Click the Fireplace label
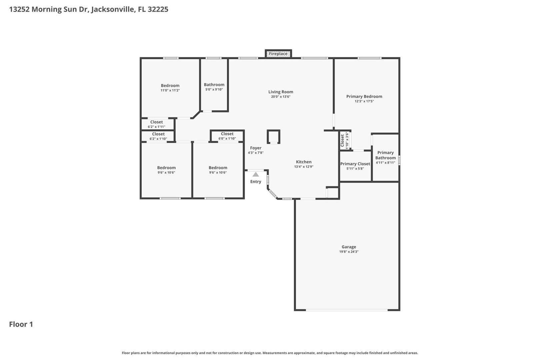pyautogui.click(x=278, y=54)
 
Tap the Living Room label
pyautogui.click(x=281, y=92)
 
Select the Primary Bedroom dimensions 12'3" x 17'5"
pyautogui.click(x=364, y=101)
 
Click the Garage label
pyautogui.click(x=349, y=247)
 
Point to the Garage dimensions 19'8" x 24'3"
pyautogui.click(x=349, y=252)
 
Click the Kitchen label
pyautogui.click(x=304, y=162)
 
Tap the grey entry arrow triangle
pyautogui.click(x=256, y=174)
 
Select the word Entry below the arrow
pyautogui.click(x=256, y=182)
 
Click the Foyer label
pyautogui.click(x=256, y=148)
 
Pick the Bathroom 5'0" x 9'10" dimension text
pyautogui.click(x=214, y=89)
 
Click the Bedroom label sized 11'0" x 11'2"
pyautogui.click(x=170, y=86)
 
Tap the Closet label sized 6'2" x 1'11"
pyautogui.click(x=156, y=122)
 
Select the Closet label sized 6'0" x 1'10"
pyautogui.click(x=227, y=134)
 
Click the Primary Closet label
pyautogui.click(x=355, y=164)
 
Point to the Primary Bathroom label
pyautogui.click(x=385, y=155)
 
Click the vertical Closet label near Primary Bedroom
pyautogui.click(x=342, y=141)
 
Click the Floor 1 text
pyautogui.click(x=21, y=324)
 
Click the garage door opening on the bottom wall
pyautogui.click(x=347, y=310)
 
